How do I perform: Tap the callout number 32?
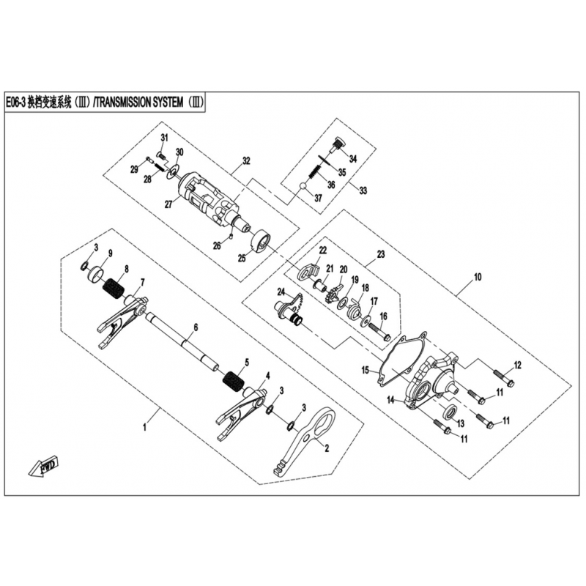click(x=246, y=161)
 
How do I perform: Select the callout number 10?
click(x=478, y=277)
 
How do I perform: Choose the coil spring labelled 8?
click(x=114, y=288)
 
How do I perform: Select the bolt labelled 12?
click(x=503, y=378)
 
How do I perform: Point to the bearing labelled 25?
click(x=260, y=242)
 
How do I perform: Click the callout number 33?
click(x=363, y=190)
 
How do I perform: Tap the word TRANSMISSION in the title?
click(x=138, y=102)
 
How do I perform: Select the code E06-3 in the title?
click(x=15, y=103)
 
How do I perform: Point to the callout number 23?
click(x=380, y=254)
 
